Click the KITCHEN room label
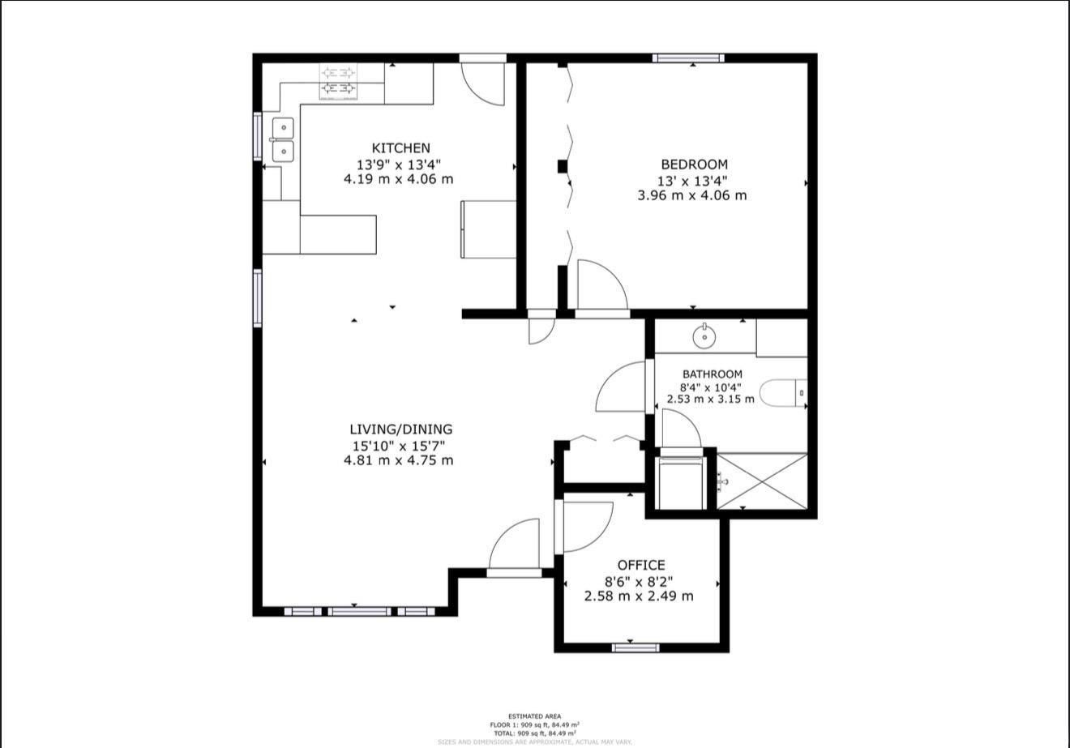click(x=400, y=147)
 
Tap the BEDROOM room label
click(x=694, y=165)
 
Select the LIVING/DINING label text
click(x=400, y=430)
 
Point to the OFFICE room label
click(x=640, y=565)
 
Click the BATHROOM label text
click(x=712, y=374)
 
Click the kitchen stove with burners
click(x=338, y=82)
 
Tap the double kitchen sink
click(x=282, y=139)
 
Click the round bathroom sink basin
click(x=704, y=334)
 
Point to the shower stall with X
click(x=763, y=481)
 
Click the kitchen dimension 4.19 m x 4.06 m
click(x=398, y=179)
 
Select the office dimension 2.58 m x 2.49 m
click(x=639, y=596)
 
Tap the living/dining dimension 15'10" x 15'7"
click(x=398, y=445)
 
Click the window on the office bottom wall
click(x=636, y=647)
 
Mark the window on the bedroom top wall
click(x=688, y=58)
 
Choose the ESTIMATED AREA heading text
click(x=533, y=716)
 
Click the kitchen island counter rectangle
click(x=338, y=234)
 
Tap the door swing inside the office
click(x=585, y=525)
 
